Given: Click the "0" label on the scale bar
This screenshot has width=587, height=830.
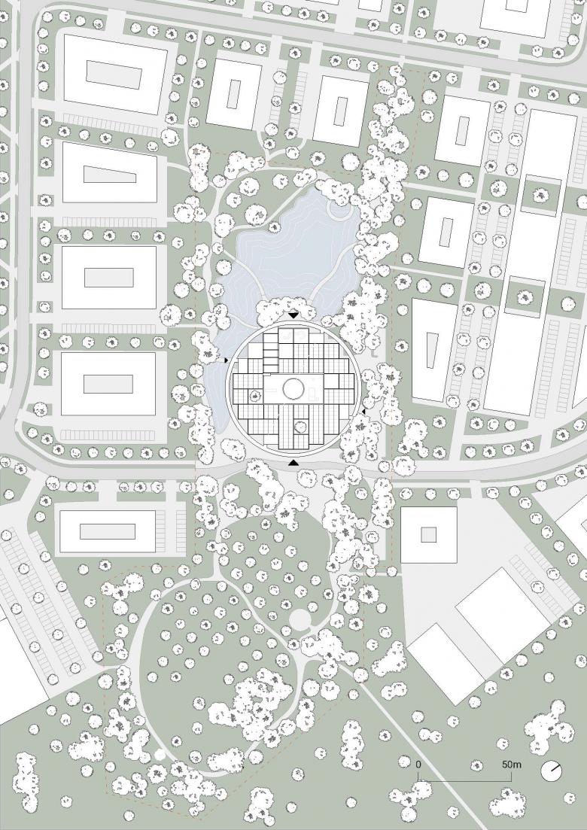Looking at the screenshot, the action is click(418, 765).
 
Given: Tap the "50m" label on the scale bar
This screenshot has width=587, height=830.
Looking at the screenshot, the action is click(511, 765).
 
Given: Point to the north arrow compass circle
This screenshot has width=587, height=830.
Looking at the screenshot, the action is click(551, 771).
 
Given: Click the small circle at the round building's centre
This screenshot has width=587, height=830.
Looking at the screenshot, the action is click(293, 388).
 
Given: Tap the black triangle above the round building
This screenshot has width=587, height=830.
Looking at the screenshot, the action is click(293, 315).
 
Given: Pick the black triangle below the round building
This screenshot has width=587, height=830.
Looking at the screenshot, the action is click(293, 464).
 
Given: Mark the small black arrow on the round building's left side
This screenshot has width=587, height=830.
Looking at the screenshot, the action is click(226, 360).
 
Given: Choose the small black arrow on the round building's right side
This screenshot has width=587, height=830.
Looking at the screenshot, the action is click(363, 411).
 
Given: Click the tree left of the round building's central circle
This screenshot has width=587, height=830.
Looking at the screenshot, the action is click(255, 394).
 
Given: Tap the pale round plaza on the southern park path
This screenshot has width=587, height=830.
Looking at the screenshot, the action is click(300, 619).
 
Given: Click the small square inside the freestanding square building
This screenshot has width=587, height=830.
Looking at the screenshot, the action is click(429, 534).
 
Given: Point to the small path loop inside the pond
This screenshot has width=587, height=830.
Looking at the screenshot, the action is click(339, 210).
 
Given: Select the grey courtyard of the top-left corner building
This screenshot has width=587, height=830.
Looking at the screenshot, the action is click(114, 74).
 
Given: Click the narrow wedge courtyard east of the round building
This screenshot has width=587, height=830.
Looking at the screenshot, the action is click(433, 351).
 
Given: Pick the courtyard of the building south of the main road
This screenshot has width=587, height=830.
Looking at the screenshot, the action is click(108, 531).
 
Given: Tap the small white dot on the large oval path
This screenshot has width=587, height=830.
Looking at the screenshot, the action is click(160, 754).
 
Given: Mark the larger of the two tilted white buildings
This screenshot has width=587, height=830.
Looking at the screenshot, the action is click(503, 615).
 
